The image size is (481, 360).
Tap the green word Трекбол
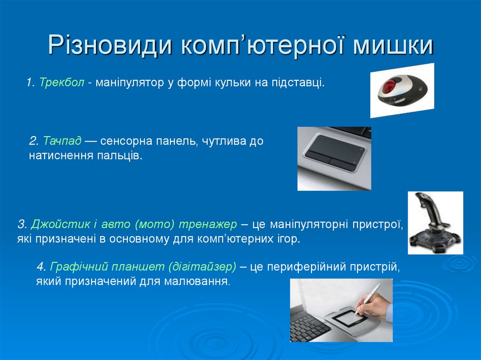(x=62, y=83)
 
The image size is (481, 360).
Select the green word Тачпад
(x=62, y=141)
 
